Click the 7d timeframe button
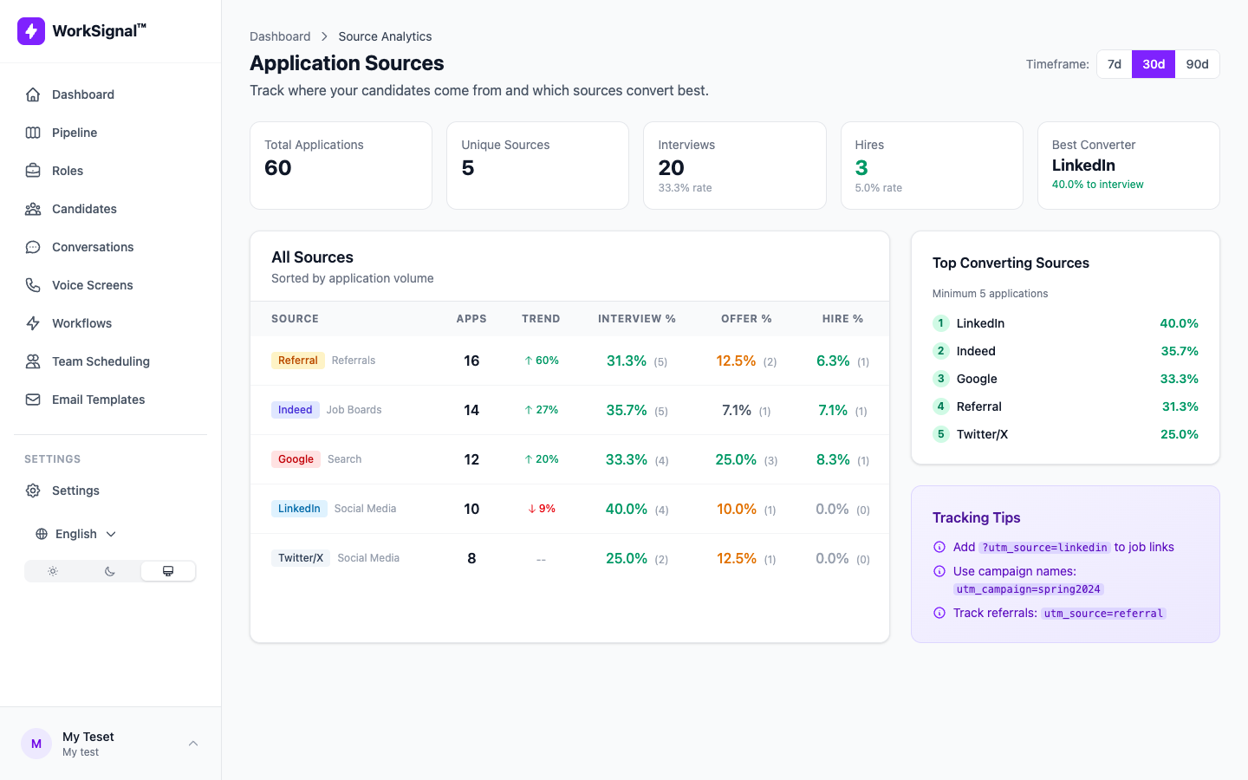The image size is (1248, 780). [1115, 64]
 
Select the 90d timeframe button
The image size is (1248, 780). [1197, 64]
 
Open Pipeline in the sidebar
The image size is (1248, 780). [75, 133]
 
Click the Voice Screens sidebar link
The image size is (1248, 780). [92, 285]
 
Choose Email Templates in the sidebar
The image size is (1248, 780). [98, 400]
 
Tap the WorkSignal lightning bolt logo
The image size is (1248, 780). [31, 31]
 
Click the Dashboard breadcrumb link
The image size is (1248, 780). [280, 36]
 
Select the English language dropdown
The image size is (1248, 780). [76, 534]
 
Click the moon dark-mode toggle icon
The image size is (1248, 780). [110, 571]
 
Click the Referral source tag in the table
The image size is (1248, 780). [297, 361]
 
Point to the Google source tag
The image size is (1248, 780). [296, 459]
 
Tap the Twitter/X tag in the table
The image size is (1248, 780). [301, 558]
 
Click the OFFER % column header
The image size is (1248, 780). [746, 319]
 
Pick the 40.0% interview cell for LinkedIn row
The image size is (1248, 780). [627, 509]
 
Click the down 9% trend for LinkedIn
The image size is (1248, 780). [542, 509]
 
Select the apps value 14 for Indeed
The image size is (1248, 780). [471, 410]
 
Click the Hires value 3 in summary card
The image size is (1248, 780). [861, 168]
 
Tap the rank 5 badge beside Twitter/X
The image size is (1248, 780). [941, 434]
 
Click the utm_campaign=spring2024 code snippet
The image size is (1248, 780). [1028, 589]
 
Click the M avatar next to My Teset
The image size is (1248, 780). [36, 744]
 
